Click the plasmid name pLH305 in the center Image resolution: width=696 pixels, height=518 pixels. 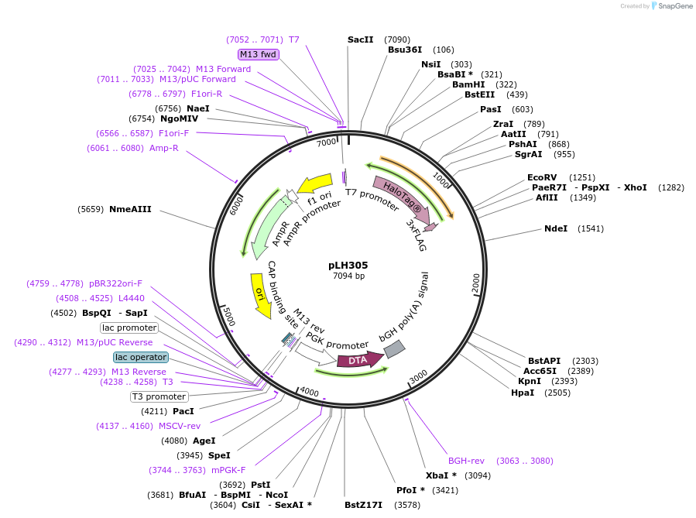click(x=348, y=266)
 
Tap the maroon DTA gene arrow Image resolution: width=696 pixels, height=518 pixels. click(x=360, y=360)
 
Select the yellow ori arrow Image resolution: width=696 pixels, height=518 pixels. click(x=261, y=296)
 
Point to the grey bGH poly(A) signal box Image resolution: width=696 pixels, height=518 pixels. click(x=394, y=349)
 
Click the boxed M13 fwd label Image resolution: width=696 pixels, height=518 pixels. click(x=259, y=55)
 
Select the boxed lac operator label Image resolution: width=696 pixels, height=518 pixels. click(x=141, y=357)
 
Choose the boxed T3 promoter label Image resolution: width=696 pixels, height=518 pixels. click(x=159, y=396)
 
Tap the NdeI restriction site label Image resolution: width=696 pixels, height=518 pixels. click(x=556, y=228)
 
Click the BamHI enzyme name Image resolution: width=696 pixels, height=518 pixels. click(x=468, y=84)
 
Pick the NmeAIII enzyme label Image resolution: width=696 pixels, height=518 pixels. click(x=130, y=209)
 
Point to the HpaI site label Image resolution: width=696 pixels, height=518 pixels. click(x=523, y=393)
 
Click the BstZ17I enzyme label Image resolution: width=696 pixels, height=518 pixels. click(x=364, y=505)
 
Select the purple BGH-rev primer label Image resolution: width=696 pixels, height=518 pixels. click(x=466, y=461)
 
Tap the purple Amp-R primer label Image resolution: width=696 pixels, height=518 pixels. click(x=164, y=148)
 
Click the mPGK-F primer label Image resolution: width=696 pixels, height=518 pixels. click(x=228, y=470)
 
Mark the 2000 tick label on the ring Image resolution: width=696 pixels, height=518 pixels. click(x=476, y=283)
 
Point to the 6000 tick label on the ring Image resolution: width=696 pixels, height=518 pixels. click(x=236, y=207)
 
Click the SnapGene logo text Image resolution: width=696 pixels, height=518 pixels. click(x=674, y=6)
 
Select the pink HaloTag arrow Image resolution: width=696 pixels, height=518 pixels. click(x=402, y=200)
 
